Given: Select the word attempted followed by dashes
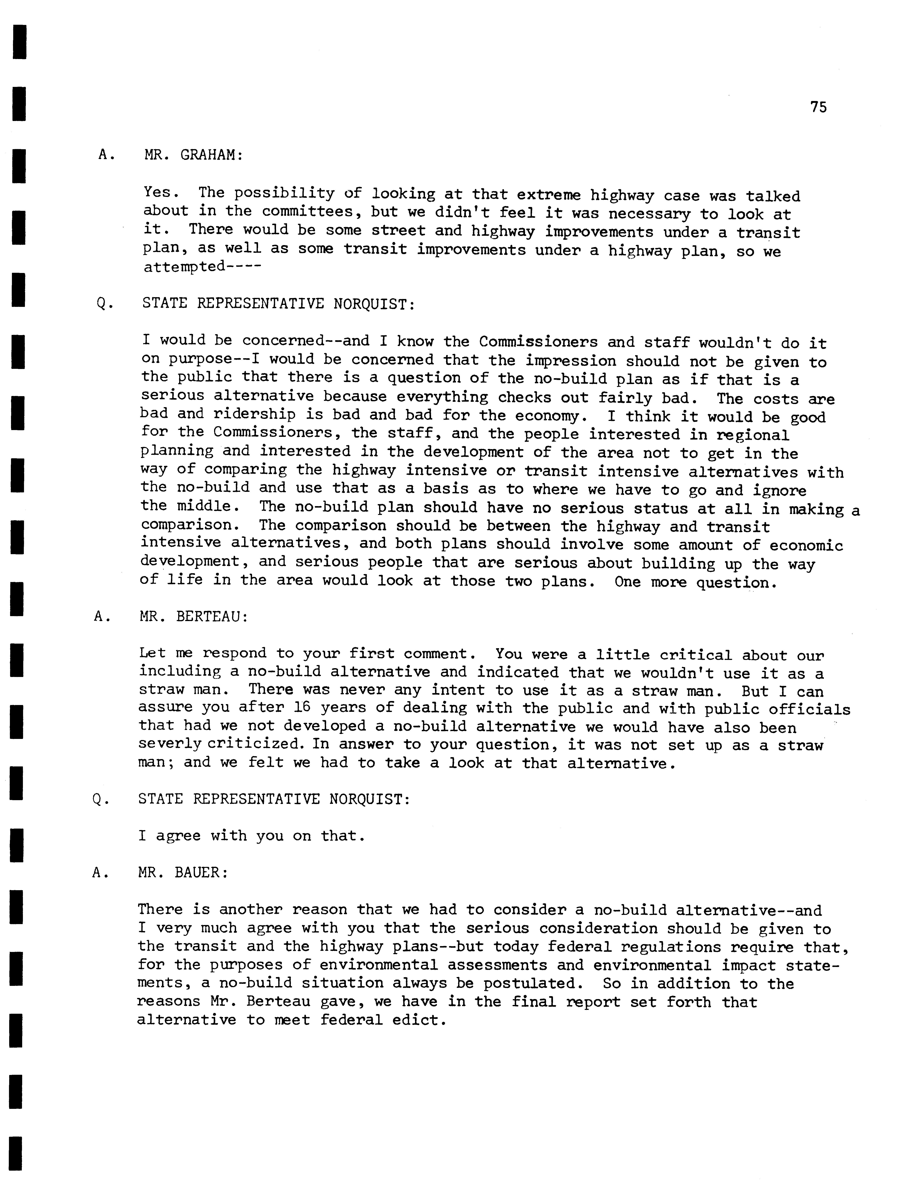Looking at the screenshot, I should [184, 267].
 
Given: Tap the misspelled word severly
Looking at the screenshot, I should [169, 744].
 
